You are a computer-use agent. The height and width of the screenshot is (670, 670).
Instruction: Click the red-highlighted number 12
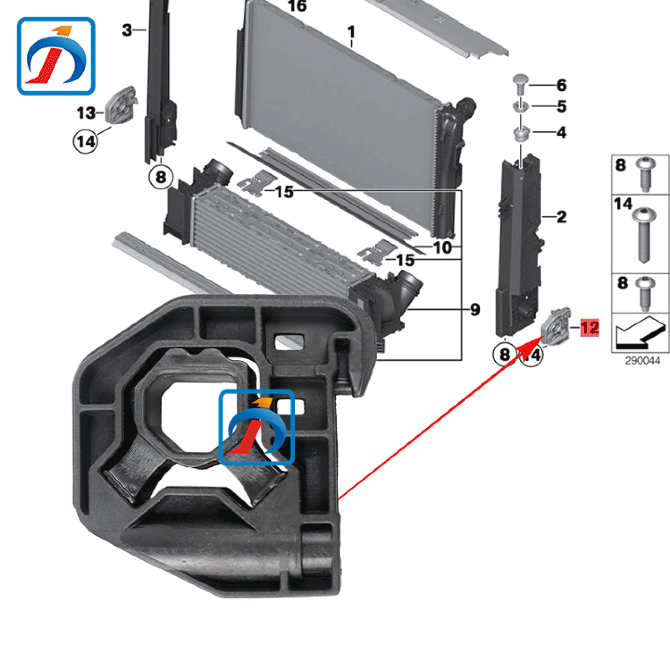590,327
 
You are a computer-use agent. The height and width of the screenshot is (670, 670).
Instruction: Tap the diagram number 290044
642,361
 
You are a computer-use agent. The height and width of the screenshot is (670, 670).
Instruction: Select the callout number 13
86,113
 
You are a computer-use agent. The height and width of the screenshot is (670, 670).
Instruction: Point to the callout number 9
475,309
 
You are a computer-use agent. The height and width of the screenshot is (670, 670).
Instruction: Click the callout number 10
443,248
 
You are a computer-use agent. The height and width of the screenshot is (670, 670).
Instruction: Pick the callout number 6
561,85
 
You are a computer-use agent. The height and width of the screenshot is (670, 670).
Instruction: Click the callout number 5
561,107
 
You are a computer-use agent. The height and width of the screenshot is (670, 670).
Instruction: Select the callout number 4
561,132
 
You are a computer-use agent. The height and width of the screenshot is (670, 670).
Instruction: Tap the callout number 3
127,30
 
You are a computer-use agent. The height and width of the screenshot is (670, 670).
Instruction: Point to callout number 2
561,217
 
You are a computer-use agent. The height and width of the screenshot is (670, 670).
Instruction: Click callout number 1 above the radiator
351,32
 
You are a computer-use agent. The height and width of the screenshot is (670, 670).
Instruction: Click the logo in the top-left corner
56,56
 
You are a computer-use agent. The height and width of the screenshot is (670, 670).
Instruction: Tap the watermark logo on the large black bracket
257,427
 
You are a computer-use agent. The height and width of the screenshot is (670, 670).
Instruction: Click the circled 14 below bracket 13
86,141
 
